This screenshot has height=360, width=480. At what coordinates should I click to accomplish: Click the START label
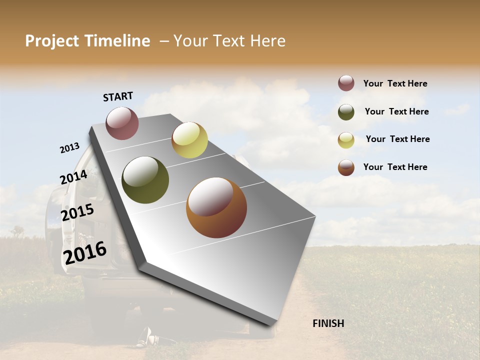tap(118, 96)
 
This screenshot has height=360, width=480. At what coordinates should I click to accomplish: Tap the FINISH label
tap(328, 323)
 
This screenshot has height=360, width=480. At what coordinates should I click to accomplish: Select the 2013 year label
tap(70, 148)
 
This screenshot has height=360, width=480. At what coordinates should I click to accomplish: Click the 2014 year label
tap(74, 177)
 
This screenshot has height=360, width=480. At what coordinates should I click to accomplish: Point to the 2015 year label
tap(77, 212)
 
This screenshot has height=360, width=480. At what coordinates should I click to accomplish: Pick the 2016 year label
tap(85, 252)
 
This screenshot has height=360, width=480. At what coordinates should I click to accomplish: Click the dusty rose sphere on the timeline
tap(122, 123)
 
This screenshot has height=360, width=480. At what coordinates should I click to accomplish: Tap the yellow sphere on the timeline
tap(189, 140)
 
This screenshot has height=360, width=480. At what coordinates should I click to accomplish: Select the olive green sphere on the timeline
tap(145, 180)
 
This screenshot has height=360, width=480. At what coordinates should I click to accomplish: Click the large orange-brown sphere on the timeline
tap(216, 207)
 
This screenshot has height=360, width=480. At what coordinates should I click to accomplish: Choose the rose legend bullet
tap(346, 83)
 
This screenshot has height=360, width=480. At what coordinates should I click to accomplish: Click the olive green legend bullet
tap(346, 112)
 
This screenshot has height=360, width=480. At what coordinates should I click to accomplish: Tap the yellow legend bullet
tap(346, 140)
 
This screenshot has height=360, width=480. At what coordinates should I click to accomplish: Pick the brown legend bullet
tap(346, 167)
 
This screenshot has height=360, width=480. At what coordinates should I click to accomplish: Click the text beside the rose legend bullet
tap(395, 83)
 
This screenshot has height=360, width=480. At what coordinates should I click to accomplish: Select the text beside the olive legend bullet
tap(396, 111)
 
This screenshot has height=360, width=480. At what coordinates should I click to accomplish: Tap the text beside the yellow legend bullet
tap(397, 139)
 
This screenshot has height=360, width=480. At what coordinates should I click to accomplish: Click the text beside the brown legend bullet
tap(395, 167)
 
